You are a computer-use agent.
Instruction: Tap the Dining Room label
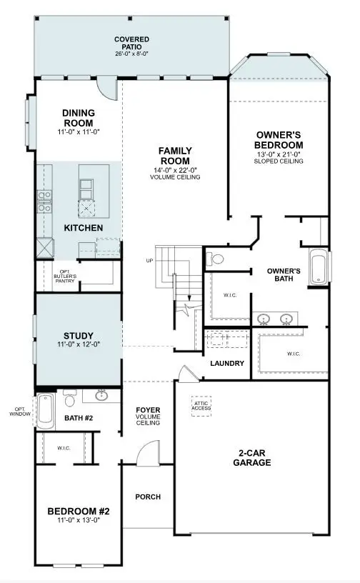[x=79, y=117]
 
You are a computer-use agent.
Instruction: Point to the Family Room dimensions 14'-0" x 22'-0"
[x=174, y=169]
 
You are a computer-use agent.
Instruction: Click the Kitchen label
[x=84, y=227]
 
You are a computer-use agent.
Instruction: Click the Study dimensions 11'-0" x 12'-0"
[x=79, y=345]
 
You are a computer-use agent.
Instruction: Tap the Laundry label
[x=227, y=364]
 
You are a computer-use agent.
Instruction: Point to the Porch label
[x=148, y=497]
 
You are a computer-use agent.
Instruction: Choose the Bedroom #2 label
[x=78, y=511]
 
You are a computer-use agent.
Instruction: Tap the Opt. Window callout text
[x=17, y=412]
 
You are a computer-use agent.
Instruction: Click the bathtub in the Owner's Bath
[x=318, y=267]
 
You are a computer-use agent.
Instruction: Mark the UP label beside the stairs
[x=149, y=260]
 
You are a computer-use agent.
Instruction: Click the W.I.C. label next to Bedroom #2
[x=63, y=448]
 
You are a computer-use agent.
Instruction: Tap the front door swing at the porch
[x=148, y=452]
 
